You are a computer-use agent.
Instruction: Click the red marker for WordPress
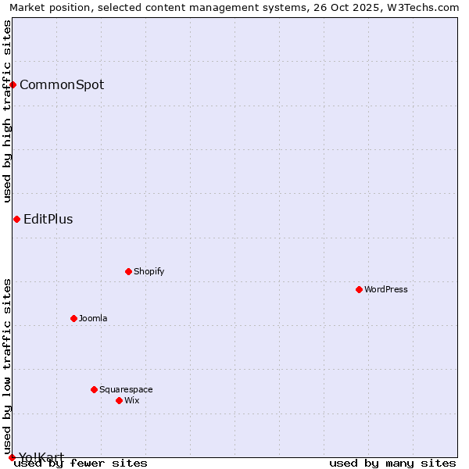coord(359,289)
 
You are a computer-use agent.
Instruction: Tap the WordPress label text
coord(386,289)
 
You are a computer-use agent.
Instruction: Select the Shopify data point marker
coord(129,271)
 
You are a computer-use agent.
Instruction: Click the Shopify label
coord(149,271)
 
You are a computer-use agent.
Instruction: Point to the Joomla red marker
coord(74,318)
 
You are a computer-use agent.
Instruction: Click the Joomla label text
coord(93,318)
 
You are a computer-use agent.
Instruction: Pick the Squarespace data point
coord(94,389)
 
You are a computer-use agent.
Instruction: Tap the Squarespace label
coord(126,389)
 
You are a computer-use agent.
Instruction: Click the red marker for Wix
coord(119,400)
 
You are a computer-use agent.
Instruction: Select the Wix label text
coord(131,400)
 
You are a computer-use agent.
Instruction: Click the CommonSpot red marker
coord(13,84)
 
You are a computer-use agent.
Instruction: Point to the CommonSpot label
coord(62,84)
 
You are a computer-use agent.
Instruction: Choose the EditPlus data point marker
coord(16,219)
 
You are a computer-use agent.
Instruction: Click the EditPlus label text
coord(48,219)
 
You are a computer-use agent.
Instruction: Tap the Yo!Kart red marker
coord(12,457)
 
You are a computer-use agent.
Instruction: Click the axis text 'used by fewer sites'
coord(81,464)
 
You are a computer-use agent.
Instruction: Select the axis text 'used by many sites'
coord(392,464)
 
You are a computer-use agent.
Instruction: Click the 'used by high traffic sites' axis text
coord(7,111)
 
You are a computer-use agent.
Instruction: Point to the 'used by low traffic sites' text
coord(7,361)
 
